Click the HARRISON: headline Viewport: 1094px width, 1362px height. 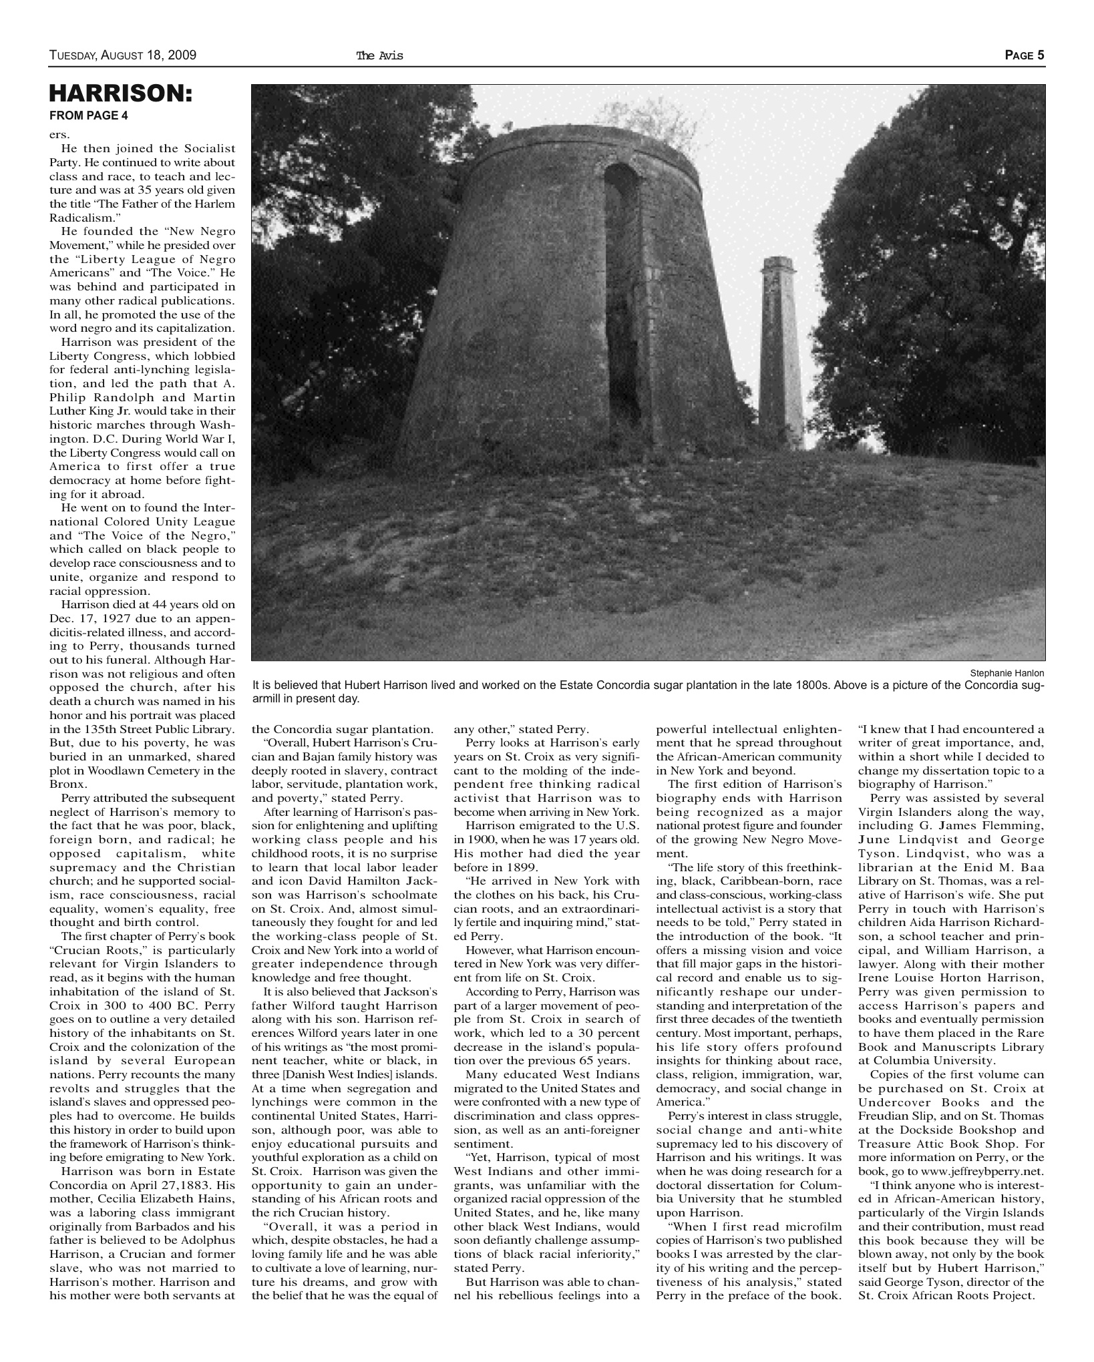point(121,93)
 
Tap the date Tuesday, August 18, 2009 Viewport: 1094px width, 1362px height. point(122,55)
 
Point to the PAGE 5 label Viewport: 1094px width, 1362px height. point(1025,55)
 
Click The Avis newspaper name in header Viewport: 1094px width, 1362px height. point(380,56)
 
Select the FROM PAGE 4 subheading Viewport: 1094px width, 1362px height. point(88,115)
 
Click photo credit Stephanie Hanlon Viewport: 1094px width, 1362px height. point(1007,673)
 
